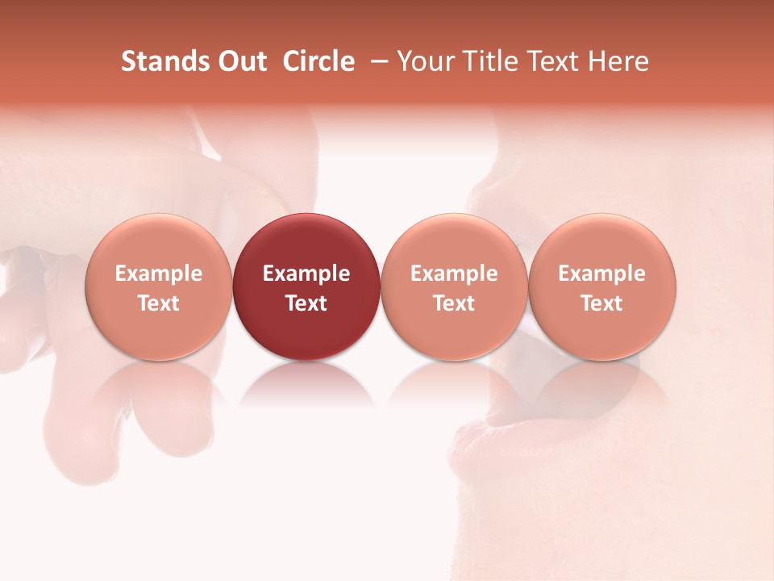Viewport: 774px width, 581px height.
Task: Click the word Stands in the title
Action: pyautogui.click(x=160, y=61)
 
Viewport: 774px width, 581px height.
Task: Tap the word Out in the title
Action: pyautogui.click(x=239, y=61)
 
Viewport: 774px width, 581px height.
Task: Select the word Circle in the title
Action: pyautogui.click(x=318, y=61)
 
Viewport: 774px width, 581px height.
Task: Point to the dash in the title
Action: pyautogui.click(x=377, y=61)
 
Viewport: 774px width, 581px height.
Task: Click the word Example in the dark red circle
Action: pyautogui.click(x=306, y=274)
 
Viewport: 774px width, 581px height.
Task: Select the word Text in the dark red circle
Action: pyautogui.click(x=306, y=303)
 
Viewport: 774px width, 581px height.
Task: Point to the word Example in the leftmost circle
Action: pyautogui.click(x=158, y=274)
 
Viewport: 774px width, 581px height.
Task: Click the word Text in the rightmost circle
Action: pyautogui.click(x=602, y=303)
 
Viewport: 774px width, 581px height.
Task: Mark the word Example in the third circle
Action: pyautogui.click(x=454, y=274)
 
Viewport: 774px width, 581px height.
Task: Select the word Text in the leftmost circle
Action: pyautogui.click(x=158, y=303)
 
